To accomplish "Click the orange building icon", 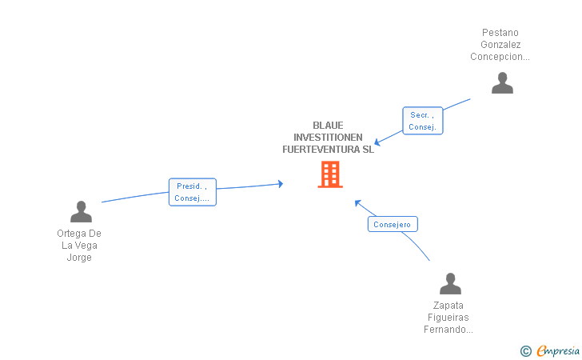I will (x=330, y=174).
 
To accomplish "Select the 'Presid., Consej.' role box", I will (x=192, y=192).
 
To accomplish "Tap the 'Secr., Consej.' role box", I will (x=422, y=121).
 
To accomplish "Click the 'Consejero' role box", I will (x=392, y=225).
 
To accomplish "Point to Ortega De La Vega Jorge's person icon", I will (x=81, y=212).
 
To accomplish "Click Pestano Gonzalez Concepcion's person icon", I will (x=502, y=83).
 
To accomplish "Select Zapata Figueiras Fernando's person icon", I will (x=450, y=284).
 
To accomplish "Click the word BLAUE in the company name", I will (x=328, y=126).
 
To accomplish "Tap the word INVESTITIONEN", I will (x=328, y=138).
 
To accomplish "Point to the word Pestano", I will (x=500, y=33).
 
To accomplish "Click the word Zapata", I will (x=448, y=306).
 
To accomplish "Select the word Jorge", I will (x=79, y=258).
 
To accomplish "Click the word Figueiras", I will (x=448, y=318).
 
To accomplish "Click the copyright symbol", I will (x=525, y=350).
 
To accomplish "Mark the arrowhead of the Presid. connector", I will (x=281, y=184).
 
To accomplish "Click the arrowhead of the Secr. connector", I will (x=377, y=143).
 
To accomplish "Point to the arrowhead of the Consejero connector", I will (x=357, y=202).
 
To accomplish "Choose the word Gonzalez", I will (x=500, y=45).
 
